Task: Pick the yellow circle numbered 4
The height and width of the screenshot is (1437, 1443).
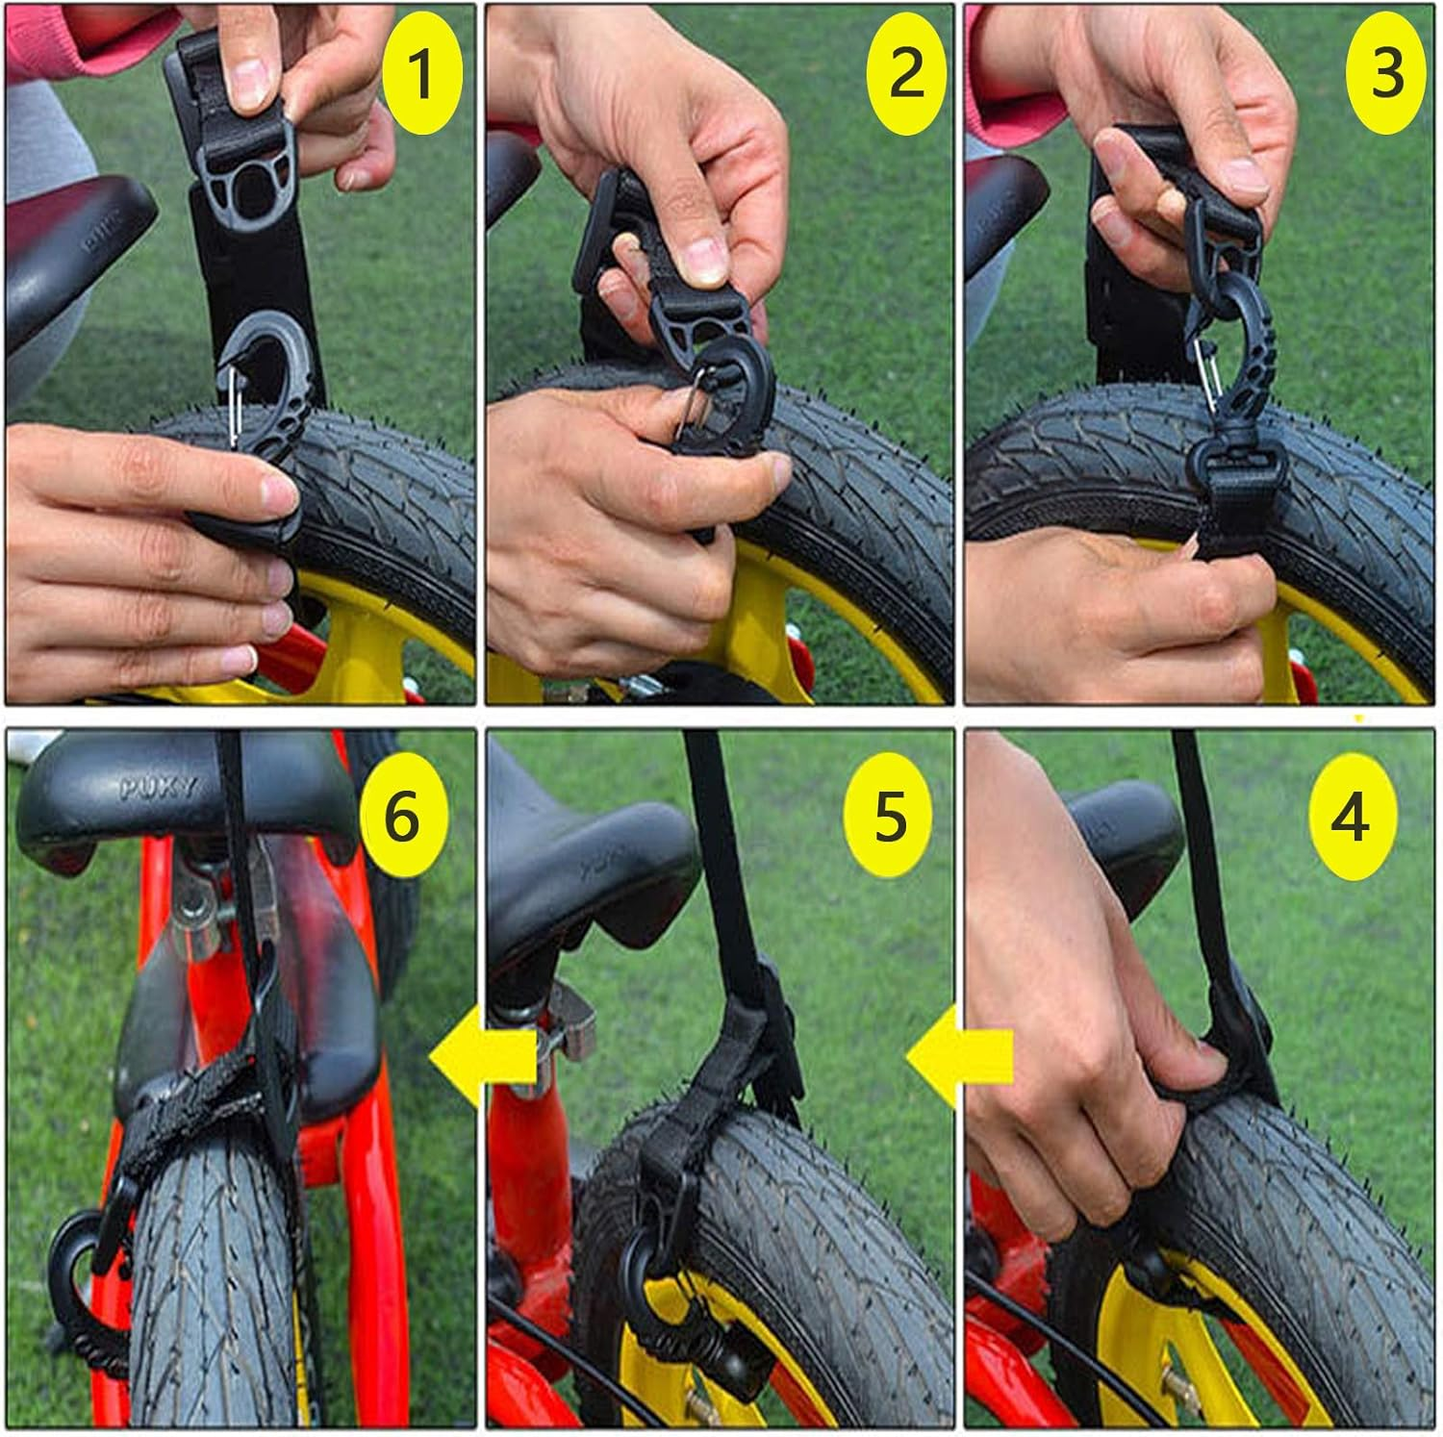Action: pyautogui.click(x=1351, y=818)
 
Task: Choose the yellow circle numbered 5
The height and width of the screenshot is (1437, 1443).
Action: pyautogui.click(x=889, y=818)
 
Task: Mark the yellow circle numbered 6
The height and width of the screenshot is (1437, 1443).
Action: pyautogui.click(x=402, y=818)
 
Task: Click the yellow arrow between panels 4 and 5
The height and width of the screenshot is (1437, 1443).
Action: pyautogui.click(x=959, y=1056)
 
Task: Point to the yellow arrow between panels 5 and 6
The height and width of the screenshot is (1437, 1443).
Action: pyautogui.click(x=482, y=1056)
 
